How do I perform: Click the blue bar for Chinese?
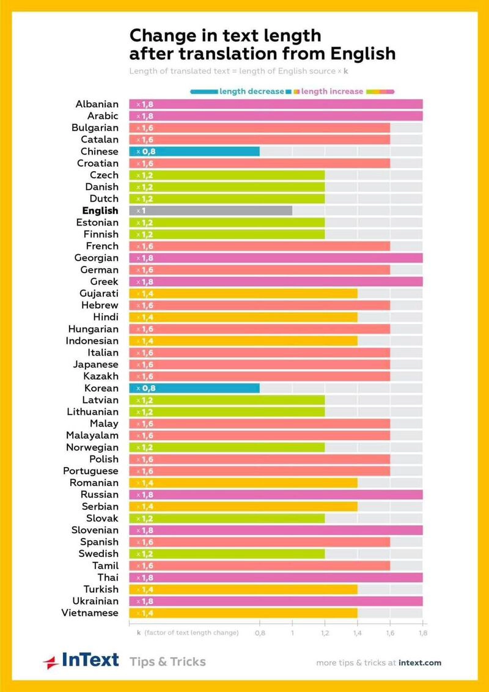(194, 152)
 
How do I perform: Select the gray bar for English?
(210, 210)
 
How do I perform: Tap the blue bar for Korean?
(194, 388)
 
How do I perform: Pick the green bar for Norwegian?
(227, 447)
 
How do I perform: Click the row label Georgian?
(96, 258)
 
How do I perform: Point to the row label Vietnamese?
(90, 613)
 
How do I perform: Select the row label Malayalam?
(92, 436)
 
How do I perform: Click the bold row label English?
(100, 210)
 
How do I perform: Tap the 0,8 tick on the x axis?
(260, 633)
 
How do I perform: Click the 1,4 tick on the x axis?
(358, 633)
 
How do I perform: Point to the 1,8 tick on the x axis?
(422, 633)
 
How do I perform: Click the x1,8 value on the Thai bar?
(145, 578)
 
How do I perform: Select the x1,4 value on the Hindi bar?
(145, 317)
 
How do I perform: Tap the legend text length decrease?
(252, 91)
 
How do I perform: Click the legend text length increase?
(332, 91)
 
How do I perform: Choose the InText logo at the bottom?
(81, 661)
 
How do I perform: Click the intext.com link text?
(420, 663)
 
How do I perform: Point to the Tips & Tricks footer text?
(167, 661)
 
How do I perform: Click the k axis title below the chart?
(188, 633)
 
